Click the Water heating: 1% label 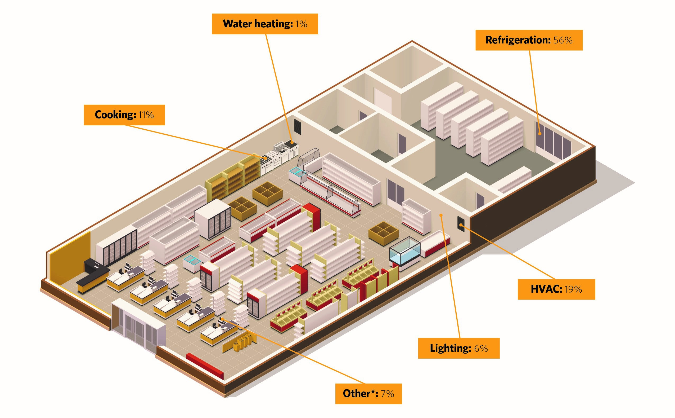coord(265,24)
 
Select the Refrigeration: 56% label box coord(529,40)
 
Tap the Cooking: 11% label coord(124,115)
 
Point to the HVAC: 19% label coord(556,289)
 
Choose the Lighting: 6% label coord(459,348)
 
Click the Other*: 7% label coord(368,393)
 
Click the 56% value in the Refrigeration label coord(563,40)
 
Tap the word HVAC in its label coord(546,289)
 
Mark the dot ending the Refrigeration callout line coord(539,134)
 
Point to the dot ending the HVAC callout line coord(461,226)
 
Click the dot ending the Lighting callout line coord(441,215)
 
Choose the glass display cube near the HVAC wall coord(405,251)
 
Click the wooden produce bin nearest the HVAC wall coord(384,233)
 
